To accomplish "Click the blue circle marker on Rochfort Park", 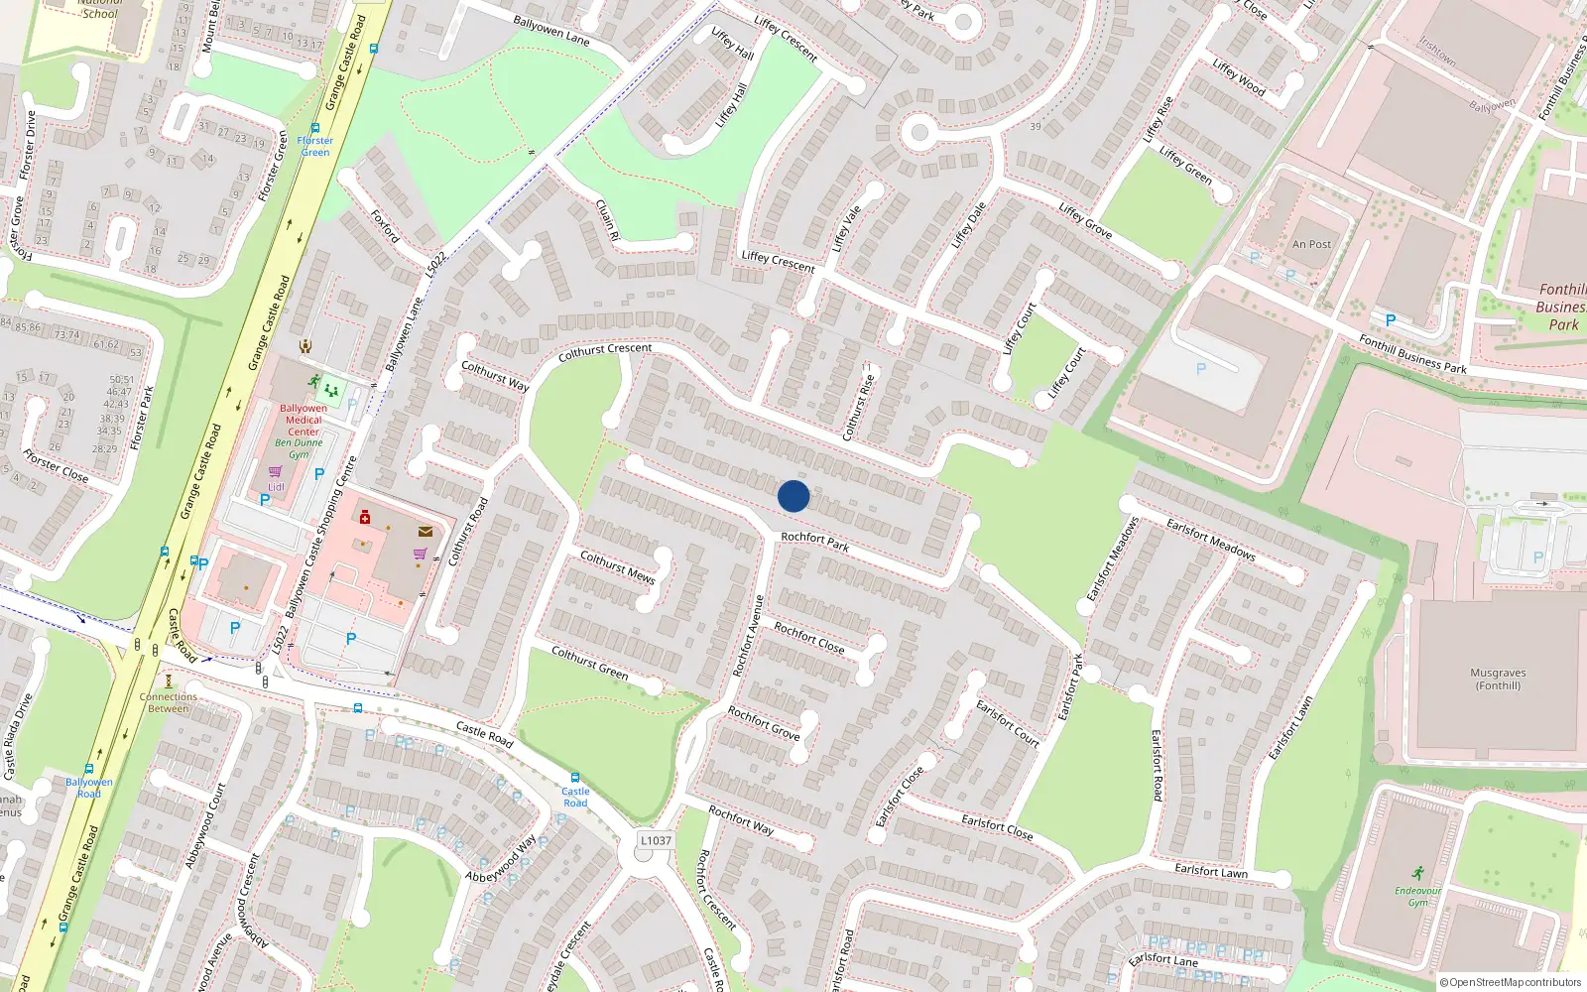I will coord(793,496).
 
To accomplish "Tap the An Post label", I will coord(1311,244).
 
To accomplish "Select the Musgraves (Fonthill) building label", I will coord(1498,679).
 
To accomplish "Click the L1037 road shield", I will coord(656,840).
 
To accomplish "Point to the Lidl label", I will coord(276,487).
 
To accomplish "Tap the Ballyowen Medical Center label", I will coord(304,420).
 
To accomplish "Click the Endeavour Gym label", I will coord(1417,896).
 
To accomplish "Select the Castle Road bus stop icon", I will coord(574,778).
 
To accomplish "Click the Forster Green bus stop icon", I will coord(315,128).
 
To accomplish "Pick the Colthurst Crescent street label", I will coord(605,350).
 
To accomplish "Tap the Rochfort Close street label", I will coord(809,638).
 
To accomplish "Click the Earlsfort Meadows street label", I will coord(1210,540).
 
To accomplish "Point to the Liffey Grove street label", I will coord(1085,220).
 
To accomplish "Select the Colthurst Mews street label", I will coord(617,566).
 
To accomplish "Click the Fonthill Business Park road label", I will coord(1412,354).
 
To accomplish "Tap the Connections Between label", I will coord(169,702).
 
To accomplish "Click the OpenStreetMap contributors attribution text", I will coord(1510,983).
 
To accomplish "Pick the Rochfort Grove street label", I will coord(764,722).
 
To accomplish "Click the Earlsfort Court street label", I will coord(1008,723).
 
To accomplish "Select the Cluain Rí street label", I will coord(607,220).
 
